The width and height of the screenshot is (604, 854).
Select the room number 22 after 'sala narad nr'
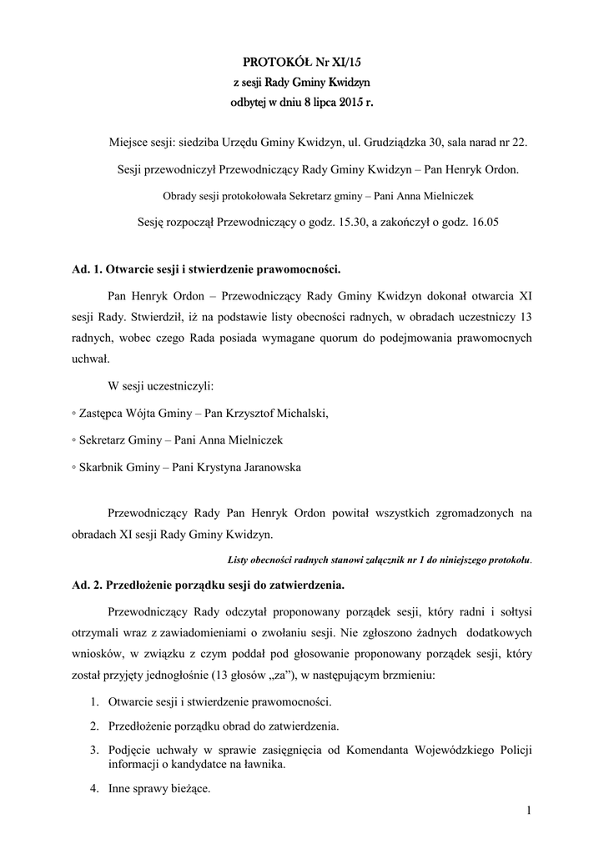pos(520,143)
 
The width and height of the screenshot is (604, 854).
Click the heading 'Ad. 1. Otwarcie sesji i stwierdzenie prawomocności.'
pos(207,270)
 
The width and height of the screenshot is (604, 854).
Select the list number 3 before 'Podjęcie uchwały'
pos(95,749)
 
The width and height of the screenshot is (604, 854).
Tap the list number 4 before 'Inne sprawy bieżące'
pos(95,788)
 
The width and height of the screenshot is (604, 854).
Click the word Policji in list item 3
pos(512,749)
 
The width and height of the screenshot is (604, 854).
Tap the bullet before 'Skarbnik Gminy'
pos(74,468)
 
